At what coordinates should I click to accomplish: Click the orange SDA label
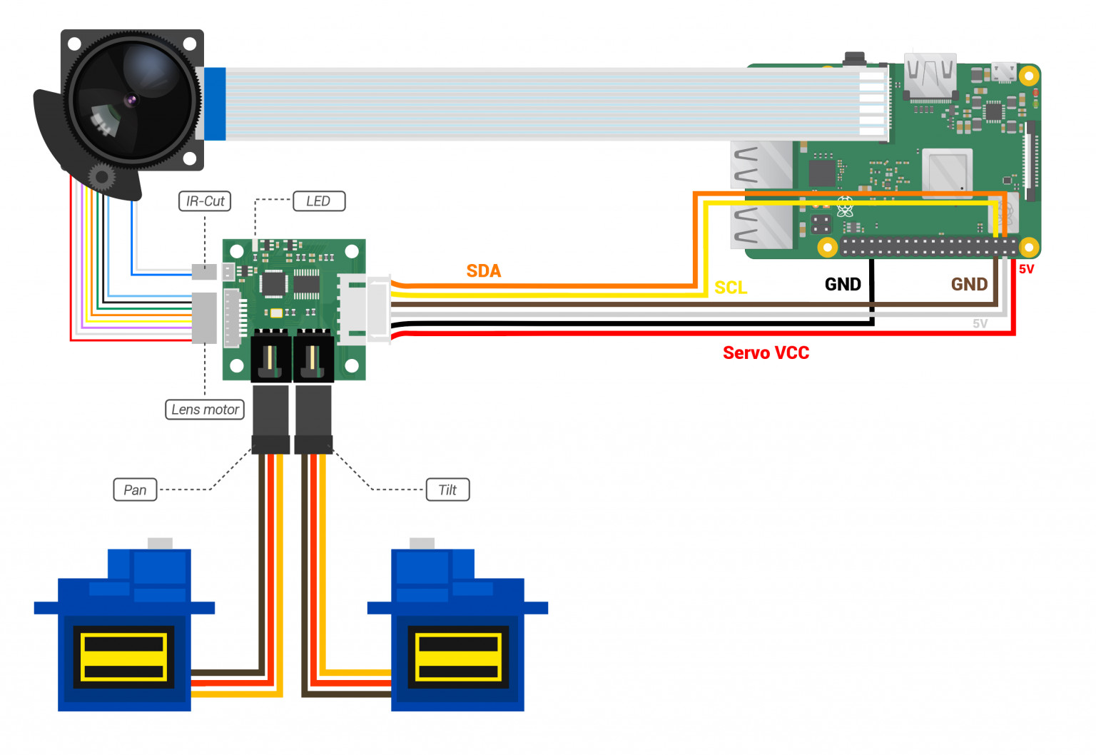(x=483, y=271)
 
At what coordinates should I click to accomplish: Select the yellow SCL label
(x=731, y=288)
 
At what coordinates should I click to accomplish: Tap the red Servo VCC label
(x=766, y=353)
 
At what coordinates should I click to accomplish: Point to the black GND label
(x=843, y=284)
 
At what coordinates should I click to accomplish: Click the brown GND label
(x=969, y=284)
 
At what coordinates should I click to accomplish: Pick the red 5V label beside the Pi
(x=1026, y=269)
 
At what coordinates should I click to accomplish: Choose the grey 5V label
(x=980, y=323)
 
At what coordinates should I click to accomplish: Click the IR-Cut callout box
(x=205, y=201)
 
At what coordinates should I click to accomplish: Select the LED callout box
(x=318, y=201)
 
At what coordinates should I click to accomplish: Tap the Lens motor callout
(x=205, y=410)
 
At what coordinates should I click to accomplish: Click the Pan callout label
(x=135, y=490)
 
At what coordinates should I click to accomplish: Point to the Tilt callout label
(x=447, y=490)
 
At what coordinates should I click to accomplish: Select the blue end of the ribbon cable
(x=215, y=103)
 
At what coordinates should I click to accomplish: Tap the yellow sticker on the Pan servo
(x=123, y=657)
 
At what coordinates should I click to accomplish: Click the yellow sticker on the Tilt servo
(x=457, y=657)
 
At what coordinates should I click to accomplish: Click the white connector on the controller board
(x=364, y=310)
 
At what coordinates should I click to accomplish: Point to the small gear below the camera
(x=101, y=176)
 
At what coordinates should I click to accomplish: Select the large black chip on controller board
(x=273, y=283)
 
